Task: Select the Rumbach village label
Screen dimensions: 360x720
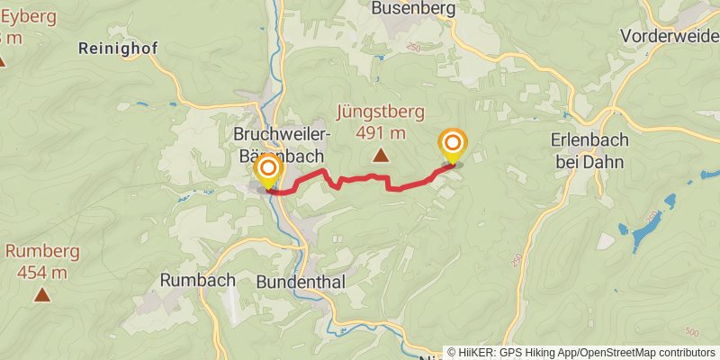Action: coord(197,280)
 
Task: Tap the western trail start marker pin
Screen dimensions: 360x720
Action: coord(268,170)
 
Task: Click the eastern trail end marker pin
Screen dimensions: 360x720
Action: coord(452,145)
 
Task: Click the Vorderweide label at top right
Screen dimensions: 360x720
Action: coord(670,35)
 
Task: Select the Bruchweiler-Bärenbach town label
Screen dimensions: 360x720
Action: coord(283,143)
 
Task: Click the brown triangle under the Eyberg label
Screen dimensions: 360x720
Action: coord(2,61)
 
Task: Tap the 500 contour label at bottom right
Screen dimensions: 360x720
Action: coord(690,332)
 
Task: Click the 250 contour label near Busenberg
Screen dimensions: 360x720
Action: coord(413,47)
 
